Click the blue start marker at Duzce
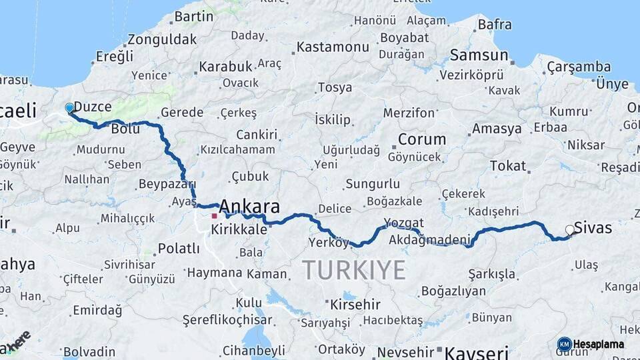coord(69,108)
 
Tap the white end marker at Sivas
coord(570,230)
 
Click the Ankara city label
coord(249,205)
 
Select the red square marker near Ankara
coord(214,216)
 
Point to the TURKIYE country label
coord(353,270)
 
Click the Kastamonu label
coord(333,47)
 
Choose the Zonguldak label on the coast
coord(163,38)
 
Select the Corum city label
coord(422,139)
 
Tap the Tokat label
coord(508,165)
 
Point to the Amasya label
coord(497,129)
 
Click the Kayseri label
coord(477,352)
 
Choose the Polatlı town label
coord(178,249)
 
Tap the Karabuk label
coord(225,67)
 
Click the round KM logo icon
coord(565,344)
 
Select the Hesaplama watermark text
coord(598,344)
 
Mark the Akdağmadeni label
coord(429,239)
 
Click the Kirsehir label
coord(355,305)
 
